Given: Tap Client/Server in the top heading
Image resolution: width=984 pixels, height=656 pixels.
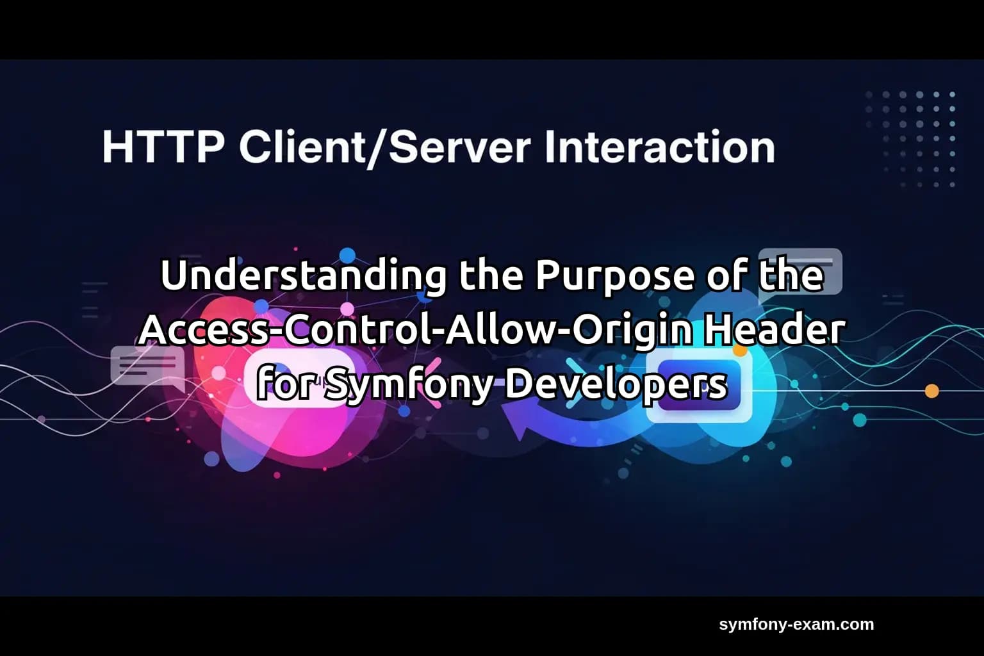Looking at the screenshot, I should click(x=384, y=147).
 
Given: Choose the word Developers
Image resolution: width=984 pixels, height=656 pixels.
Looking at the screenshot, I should click(x=616, y=384).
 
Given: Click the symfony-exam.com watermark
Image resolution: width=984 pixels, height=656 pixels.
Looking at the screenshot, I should click(x=796, y=625).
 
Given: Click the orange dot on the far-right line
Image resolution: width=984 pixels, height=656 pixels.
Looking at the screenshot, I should click(x=932, y=390).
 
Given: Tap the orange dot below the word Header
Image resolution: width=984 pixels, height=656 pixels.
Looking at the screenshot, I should click(x=741, y=350).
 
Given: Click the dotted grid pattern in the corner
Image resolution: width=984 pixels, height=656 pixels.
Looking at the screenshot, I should click(x=910, y=138).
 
